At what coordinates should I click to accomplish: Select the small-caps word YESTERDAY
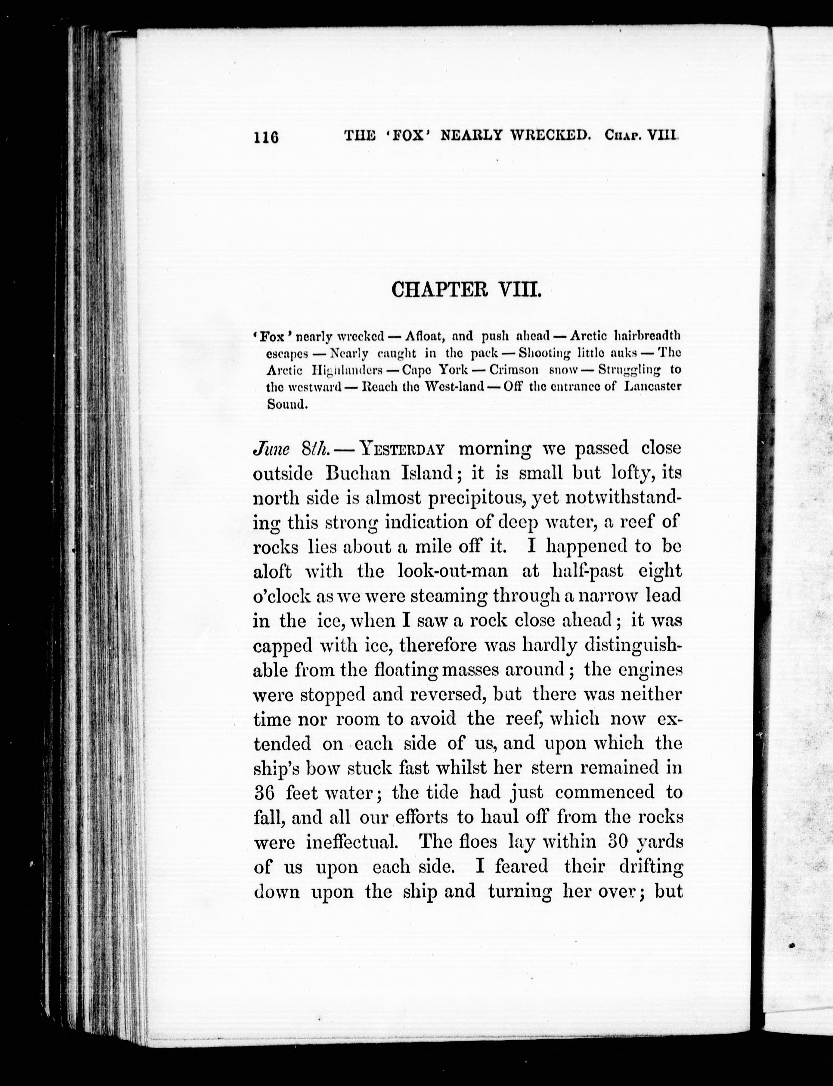click(x=402, y=449)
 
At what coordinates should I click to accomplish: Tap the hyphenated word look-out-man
click(x=453, y=571)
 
